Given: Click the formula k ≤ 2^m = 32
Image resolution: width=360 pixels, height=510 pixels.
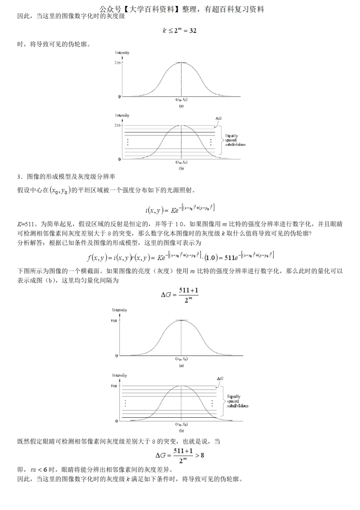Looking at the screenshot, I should point(180,31).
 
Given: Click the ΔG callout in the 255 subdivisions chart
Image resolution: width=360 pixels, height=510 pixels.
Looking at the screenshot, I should point(218,118).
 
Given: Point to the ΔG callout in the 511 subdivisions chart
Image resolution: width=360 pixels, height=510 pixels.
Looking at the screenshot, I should point(220,378).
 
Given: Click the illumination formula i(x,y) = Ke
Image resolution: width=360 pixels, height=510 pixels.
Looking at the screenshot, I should point(180,209).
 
